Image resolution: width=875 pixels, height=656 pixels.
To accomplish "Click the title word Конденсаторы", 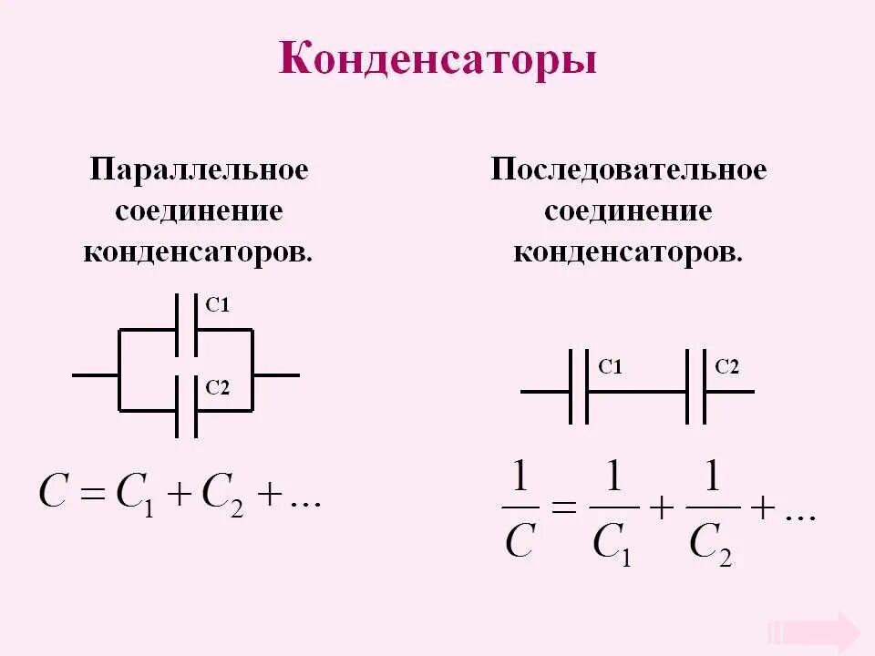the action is click(437, 61).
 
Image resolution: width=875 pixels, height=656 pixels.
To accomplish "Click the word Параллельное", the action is click(199, 170).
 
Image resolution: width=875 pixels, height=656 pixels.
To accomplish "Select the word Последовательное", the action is click(629, 170).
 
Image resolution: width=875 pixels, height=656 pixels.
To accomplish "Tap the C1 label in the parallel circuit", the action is click(217, 307).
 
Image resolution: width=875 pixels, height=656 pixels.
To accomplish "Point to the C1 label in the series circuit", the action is click(610, 368).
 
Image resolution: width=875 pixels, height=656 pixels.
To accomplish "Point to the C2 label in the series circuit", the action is click(726, 368).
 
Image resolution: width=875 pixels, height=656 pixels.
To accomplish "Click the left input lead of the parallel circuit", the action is click(95, 374).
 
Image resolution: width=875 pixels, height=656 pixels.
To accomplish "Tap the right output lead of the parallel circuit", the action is click(276, 374).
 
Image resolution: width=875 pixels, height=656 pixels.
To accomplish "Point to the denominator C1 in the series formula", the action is click(612, 543).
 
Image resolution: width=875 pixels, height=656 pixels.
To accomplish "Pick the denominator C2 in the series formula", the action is click(711, 543).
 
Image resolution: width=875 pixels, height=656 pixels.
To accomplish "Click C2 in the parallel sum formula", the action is click(222, 496).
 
